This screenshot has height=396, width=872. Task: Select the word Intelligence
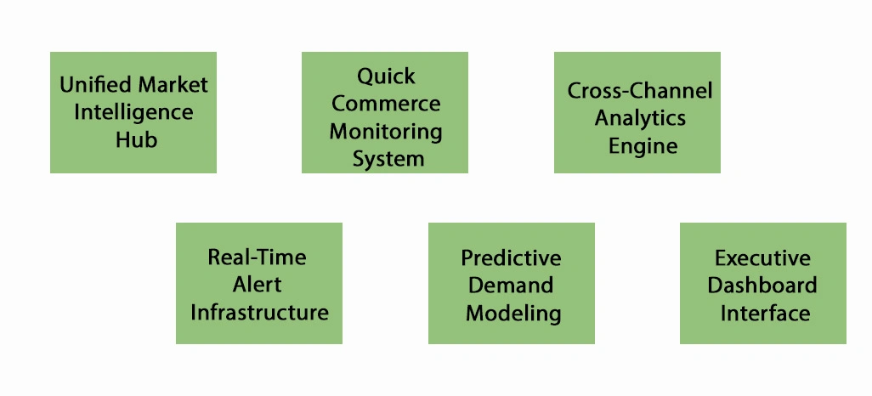(133, 111)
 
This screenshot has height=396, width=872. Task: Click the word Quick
(386, 76)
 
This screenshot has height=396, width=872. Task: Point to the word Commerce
(386, 104)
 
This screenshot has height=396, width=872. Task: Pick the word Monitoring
(386, 132)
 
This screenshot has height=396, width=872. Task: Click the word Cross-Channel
(640, 91)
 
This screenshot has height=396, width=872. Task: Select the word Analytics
(640, 118)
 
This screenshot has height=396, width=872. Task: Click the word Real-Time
(257, 257)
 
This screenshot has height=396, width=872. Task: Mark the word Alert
(257, 284)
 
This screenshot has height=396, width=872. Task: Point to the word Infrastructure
(259, 312)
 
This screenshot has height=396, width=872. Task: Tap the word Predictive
(511, 257)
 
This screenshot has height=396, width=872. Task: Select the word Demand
(511, 285)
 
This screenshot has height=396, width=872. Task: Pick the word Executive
(762, 257)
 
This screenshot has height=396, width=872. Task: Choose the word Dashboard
(762, 285)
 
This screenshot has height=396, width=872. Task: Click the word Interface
(765, 313)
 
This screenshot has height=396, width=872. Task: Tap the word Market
(173, 84)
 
